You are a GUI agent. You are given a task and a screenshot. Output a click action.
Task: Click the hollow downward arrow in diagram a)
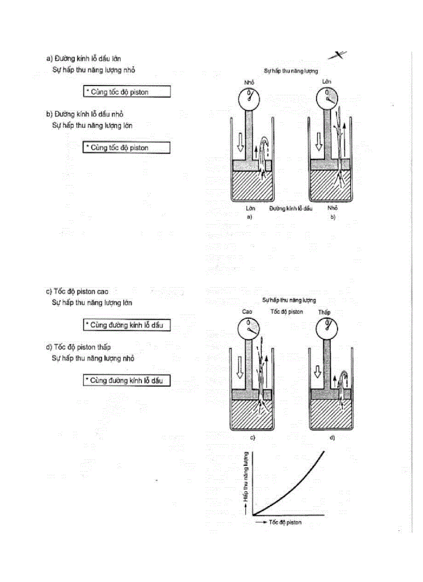pyautogui.click(x=240, y=139)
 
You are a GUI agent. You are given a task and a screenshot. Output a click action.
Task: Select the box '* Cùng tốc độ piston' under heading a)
pyautogui.click(x=127, y=92)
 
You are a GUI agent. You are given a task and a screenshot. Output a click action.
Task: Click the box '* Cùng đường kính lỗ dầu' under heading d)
pyautogui.click(x=127, y=380)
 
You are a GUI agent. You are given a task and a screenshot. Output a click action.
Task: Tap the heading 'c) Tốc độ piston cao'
pyautogui.click(x=77, y=292)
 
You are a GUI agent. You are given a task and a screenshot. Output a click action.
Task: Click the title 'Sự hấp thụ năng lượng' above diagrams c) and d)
pyautogui.click(x=289, y=300)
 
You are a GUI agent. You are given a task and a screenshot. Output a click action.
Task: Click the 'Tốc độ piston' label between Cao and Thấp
pyautogui.click(x=287, y=312)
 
